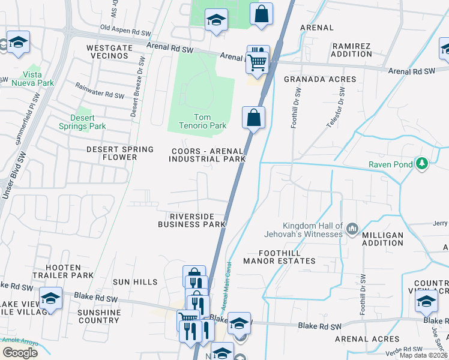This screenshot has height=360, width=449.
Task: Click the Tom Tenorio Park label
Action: pos(203,122)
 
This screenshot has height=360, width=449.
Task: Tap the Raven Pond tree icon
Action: pos(422,163)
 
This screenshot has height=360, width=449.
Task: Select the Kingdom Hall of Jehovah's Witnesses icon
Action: pos(352,228)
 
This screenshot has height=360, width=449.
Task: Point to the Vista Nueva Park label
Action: pos(33,79)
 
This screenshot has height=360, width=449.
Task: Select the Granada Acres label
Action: pos(320,79)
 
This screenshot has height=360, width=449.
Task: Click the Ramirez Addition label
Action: pos(352,50)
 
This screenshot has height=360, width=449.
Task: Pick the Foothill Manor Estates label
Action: pos(279,257)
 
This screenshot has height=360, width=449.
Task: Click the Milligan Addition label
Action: pos(383,239)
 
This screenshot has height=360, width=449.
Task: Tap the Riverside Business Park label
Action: pos(191,220)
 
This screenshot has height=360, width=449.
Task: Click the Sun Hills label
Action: pos(135,282)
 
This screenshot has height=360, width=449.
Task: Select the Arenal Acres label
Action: pos(359,339)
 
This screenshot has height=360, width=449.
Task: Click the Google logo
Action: pos(20,352)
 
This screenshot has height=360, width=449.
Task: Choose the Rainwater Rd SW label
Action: pos(100,91)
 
